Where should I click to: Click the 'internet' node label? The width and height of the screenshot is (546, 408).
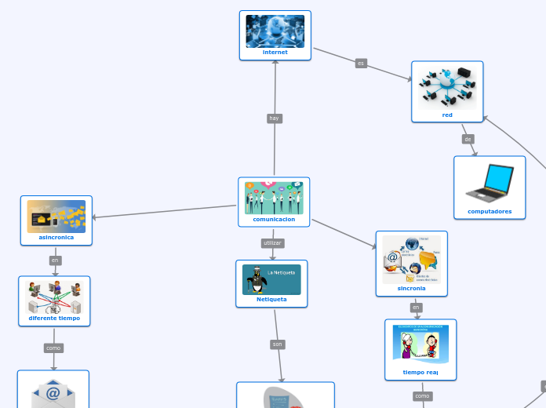pyautogui.click(x=275, y=53)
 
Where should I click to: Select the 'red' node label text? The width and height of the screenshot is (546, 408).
pyautogui.click(x=447, y=115)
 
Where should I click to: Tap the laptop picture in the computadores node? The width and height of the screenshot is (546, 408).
pyautogui.click(x=490, y=183)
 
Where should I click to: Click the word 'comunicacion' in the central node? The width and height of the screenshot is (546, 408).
pyautogui.click(x=274, y=220)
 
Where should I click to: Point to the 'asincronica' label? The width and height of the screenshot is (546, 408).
pyautogui.click(x=56, y=237)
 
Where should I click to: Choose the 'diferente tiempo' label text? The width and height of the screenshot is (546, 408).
pyautogui.click(x=54, y=319)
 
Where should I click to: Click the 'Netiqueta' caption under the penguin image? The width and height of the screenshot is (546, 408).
pyautogui.click(x=271, y=299)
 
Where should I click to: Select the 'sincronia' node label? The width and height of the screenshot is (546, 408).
pyautogui.click(x=411, y=288)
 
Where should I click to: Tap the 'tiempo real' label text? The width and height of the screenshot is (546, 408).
pyautogui.click(x=420, y=373)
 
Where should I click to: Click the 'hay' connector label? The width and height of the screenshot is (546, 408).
pyautogui.click(x=274, y=118)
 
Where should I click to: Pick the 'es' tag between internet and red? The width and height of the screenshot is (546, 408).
pyautogui.click(x=361, y=63)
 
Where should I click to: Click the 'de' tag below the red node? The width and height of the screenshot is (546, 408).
pyautogui.click(x=468, y=139)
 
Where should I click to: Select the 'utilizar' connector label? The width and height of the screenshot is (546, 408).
pyautogui.click(x=272, y=243)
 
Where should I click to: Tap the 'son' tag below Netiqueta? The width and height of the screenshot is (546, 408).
pyautogui.click(x=278, y=344)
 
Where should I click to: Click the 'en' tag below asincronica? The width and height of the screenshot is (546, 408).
pyautogui.click(x=55, y=260)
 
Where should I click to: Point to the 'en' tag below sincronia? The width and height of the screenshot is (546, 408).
pyautogui.click(x=416, y=308)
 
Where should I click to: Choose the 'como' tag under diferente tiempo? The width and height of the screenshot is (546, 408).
pyautogui.click(x=53, y=348)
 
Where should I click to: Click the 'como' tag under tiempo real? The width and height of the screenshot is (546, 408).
pyautogui.click(x=423, y=396)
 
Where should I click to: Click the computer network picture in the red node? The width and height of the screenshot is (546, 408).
pyautogui.click(x=447, y=86)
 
